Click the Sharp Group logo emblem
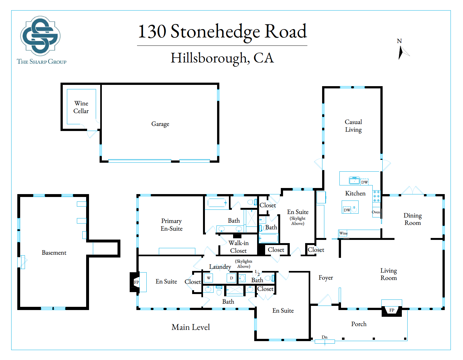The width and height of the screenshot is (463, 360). tap(40, 36)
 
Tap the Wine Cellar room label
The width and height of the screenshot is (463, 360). tap(81, 107)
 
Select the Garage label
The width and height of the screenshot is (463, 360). tap(160, 124)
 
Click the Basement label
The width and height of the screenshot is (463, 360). tap(54, 253)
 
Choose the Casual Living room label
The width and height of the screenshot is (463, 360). tap(353, 126)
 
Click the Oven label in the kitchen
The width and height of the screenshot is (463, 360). tap(376, 212)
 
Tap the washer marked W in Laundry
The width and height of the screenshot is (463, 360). tap(208, 278)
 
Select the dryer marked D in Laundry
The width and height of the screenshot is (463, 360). tap(231, 278)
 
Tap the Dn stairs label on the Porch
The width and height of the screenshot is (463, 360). tap(324, 337)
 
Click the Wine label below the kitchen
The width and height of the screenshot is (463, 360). tap(343, 233)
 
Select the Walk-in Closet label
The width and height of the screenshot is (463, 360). tap(239, 247)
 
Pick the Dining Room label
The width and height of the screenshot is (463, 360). tap(412, 219)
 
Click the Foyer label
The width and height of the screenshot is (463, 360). tap(326, 278)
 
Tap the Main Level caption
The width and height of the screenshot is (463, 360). tap(191, 327)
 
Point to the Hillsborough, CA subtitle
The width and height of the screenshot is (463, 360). tap(222, 58)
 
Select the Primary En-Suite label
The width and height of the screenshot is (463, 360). tap(172, 225)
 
